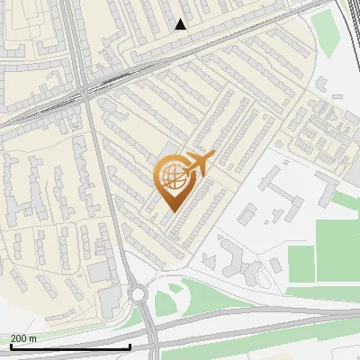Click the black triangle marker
click(x=180, y=24)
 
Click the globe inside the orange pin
click(x=171, y=177)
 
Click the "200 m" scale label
click(x=23, y=338)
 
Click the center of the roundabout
click(x=139, y=294)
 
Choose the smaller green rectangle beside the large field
click(x=301, y=262)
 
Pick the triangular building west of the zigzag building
click(x=209, y=261)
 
